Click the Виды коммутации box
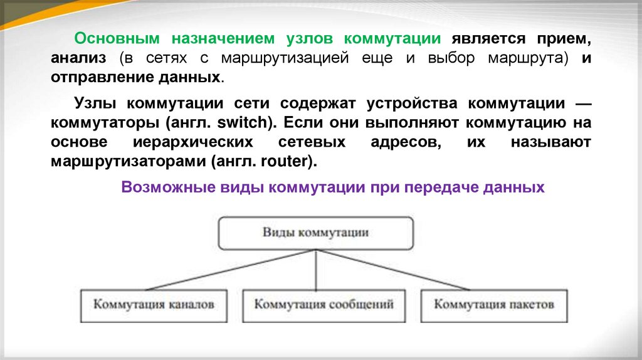click(315, 233)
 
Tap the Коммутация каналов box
click(154, 306)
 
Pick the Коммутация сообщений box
click(324, 306)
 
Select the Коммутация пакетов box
click(494, 306)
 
